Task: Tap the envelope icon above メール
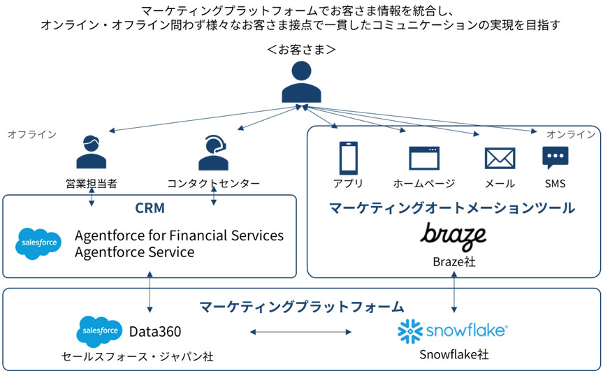pyautogui.click(x=500, y=159)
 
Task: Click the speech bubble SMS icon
pyautogui.click(x=555, y=157)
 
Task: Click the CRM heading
pyautogui.click(x=150, y=208)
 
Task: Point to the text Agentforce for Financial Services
pyautogui.click(x=179, y=235)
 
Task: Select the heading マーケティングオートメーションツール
pyautogui.click(x=452, y=208)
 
